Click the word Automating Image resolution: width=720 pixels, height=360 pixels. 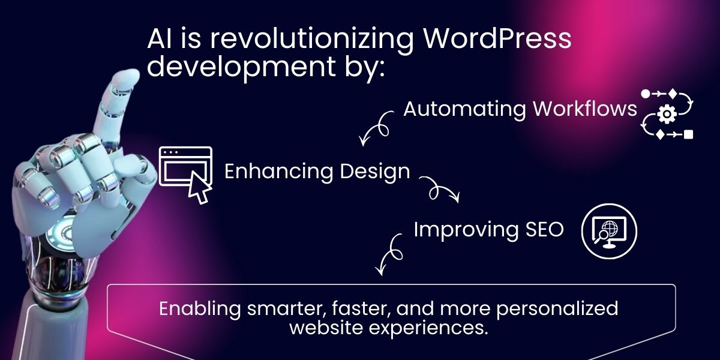(x=464, y=109)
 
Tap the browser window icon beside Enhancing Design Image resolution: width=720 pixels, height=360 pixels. (x=185, y=168)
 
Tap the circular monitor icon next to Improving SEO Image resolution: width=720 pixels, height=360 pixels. (x=610, y=232)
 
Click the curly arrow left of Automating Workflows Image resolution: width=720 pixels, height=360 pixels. (x=376, y=127)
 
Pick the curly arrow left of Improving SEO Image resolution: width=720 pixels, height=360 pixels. (x=389, y=253)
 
